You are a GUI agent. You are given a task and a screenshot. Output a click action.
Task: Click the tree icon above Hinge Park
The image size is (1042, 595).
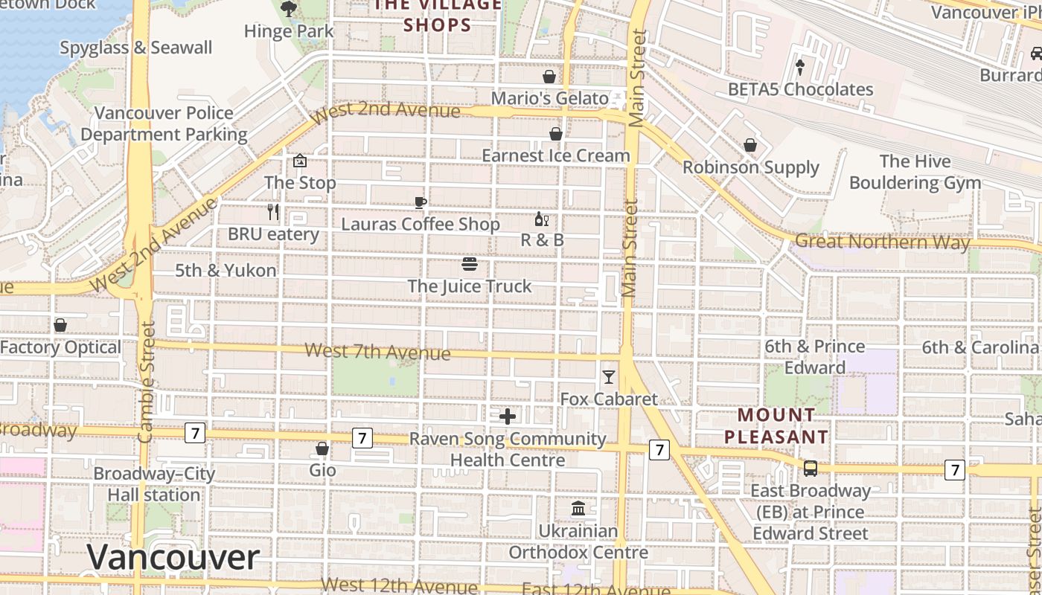[x=288, y=9]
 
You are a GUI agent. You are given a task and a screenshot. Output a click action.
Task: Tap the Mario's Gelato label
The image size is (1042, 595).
[x=549, y=98]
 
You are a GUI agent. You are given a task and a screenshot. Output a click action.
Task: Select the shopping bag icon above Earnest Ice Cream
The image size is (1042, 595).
[x=555, y=134]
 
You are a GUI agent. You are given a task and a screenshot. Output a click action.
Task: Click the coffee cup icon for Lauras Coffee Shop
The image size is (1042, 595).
[x=421, y=202]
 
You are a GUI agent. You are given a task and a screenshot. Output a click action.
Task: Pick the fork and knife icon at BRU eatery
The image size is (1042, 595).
[x=273, y=212]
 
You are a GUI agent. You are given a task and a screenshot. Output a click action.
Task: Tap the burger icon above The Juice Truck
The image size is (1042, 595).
[x=469, y=264]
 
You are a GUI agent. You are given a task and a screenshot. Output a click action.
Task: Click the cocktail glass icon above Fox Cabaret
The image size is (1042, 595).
[x=609, y=377]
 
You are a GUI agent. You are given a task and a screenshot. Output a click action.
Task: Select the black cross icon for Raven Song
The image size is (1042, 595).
[x=508, y=416]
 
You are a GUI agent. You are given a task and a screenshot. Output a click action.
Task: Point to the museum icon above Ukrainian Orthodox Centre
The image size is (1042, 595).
[x=578, y=509]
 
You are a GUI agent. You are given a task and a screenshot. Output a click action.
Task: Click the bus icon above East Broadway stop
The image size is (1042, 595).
[x=811, y=469]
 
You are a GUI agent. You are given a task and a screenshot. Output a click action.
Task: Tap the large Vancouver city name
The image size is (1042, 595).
[x=173, y=558]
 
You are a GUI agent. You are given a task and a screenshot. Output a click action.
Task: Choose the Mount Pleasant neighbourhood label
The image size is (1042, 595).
[x=776, y=426]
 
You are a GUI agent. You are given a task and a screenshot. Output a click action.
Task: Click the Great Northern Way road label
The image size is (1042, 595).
[x=883, y=242]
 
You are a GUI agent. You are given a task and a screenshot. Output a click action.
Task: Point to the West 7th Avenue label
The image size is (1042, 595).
[x=377, y=351]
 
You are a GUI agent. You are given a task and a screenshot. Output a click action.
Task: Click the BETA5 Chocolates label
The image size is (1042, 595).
[x=800, y=89]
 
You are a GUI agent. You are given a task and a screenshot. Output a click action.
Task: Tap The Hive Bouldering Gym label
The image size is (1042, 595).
[x=915, y=172]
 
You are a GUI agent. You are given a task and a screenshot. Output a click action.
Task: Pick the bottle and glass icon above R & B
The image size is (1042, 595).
[x=542, y=219]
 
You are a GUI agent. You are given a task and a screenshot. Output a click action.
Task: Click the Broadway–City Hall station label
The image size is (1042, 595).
[x=154, y=484]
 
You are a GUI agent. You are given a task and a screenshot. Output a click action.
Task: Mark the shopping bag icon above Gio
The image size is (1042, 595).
[x=322, y=448]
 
